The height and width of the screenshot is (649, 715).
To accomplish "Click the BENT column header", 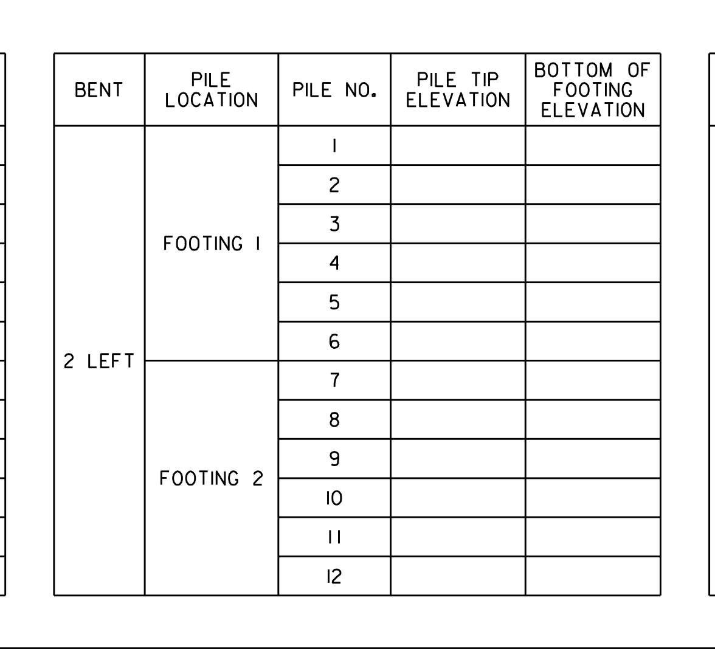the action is click(98, 90).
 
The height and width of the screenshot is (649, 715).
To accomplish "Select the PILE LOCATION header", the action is click(212, 90).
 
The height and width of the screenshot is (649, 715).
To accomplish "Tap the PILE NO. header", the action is click(334, 90).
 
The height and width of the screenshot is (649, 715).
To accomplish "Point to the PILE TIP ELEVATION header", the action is click(458, 90).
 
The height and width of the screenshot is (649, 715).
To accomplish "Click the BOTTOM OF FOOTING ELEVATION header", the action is click(593, 90).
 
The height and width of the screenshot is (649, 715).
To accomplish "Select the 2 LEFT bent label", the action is click(98, 361).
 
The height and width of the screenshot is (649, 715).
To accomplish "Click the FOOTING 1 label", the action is click(212, 243).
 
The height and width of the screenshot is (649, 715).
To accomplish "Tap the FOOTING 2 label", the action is click(212, 478).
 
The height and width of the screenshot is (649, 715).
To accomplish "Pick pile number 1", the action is click(334, 146).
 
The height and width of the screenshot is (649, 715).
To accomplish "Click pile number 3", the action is click(334, 224).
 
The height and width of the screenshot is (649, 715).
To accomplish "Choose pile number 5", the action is click(334, 302).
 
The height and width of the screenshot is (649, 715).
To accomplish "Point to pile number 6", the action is click(334, 342).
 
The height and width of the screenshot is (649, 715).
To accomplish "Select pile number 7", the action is click(334, 380).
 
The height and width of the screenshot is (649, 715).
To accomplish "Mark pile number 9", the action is click(334, 458).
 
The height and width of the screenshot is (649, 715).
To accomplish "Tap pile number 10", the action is click(334, 498).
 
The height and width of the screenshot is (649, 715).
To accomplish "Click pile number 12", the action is click(334, 576).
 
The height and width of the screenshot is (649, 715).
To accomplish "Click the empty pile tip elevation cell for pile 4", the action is click(458, 263).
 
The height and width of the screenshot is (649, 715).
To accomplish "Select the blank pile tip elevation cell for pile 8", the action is click(458, 419).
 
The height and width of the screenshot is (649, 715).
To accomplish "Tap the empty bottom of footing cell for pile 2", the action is click(593, 185).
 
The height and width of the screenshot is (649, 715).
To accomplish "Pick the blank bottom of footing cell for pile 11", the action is click(593, 537).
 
